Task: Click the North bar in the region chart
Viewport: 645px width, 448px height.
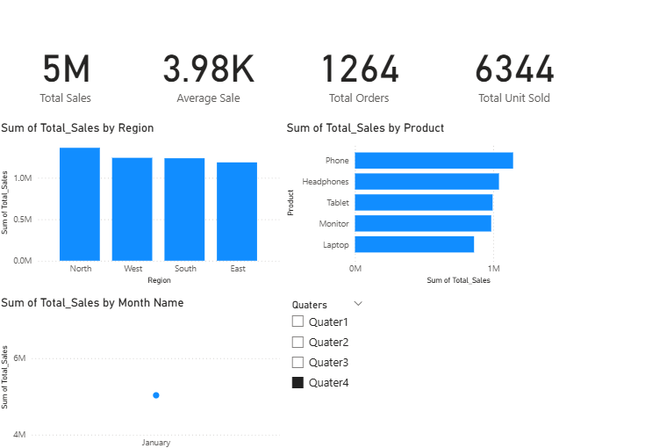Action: (x=80, y=204)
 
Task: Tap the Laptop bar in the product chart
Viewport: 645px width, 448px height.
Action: (x=414, y=244)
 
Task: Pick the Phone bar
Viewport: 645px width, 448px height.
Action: (x=434, y=160)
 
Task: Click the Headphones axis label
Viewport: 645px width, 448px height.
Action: (x=326, y=182)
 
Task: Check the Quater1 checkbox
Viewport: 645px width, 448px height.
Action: (x=297, y=322)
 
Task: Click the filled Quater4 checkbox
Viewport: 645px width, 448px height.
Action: (x=297, y=383)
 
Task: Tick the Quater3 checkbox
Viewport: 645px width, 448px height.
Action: (x=297, y=363)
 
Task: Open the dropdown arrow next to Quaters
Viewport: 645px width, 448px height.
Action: (x=357, y=304)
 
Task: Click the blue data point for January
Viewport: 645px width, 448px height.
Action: (x=156, y=395)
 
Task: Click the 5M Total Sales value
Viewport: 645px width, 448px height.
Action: (x=66, y=70)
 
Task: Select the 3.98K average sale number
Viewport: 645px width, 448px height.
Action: (x=208, y=70)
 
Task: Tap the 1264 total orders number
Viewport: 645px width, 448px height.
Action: (x=359, y=70)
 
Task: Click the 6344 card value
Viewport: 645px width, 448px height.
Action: (x=514, y=70)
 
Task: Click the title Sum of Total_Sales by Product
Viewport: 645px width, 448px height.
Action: (x=365, y=128)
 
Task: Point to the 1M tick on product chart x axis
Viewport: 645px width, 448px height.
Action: (x=493, y=268)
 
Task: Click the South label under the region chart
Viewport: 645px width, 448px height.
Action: (x=185, y=269)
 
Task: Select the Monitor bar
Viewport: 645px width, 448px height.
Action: (x=423, y=223)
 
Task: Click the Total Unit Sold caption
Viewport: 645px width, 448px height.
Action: (x=514, y=98)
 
